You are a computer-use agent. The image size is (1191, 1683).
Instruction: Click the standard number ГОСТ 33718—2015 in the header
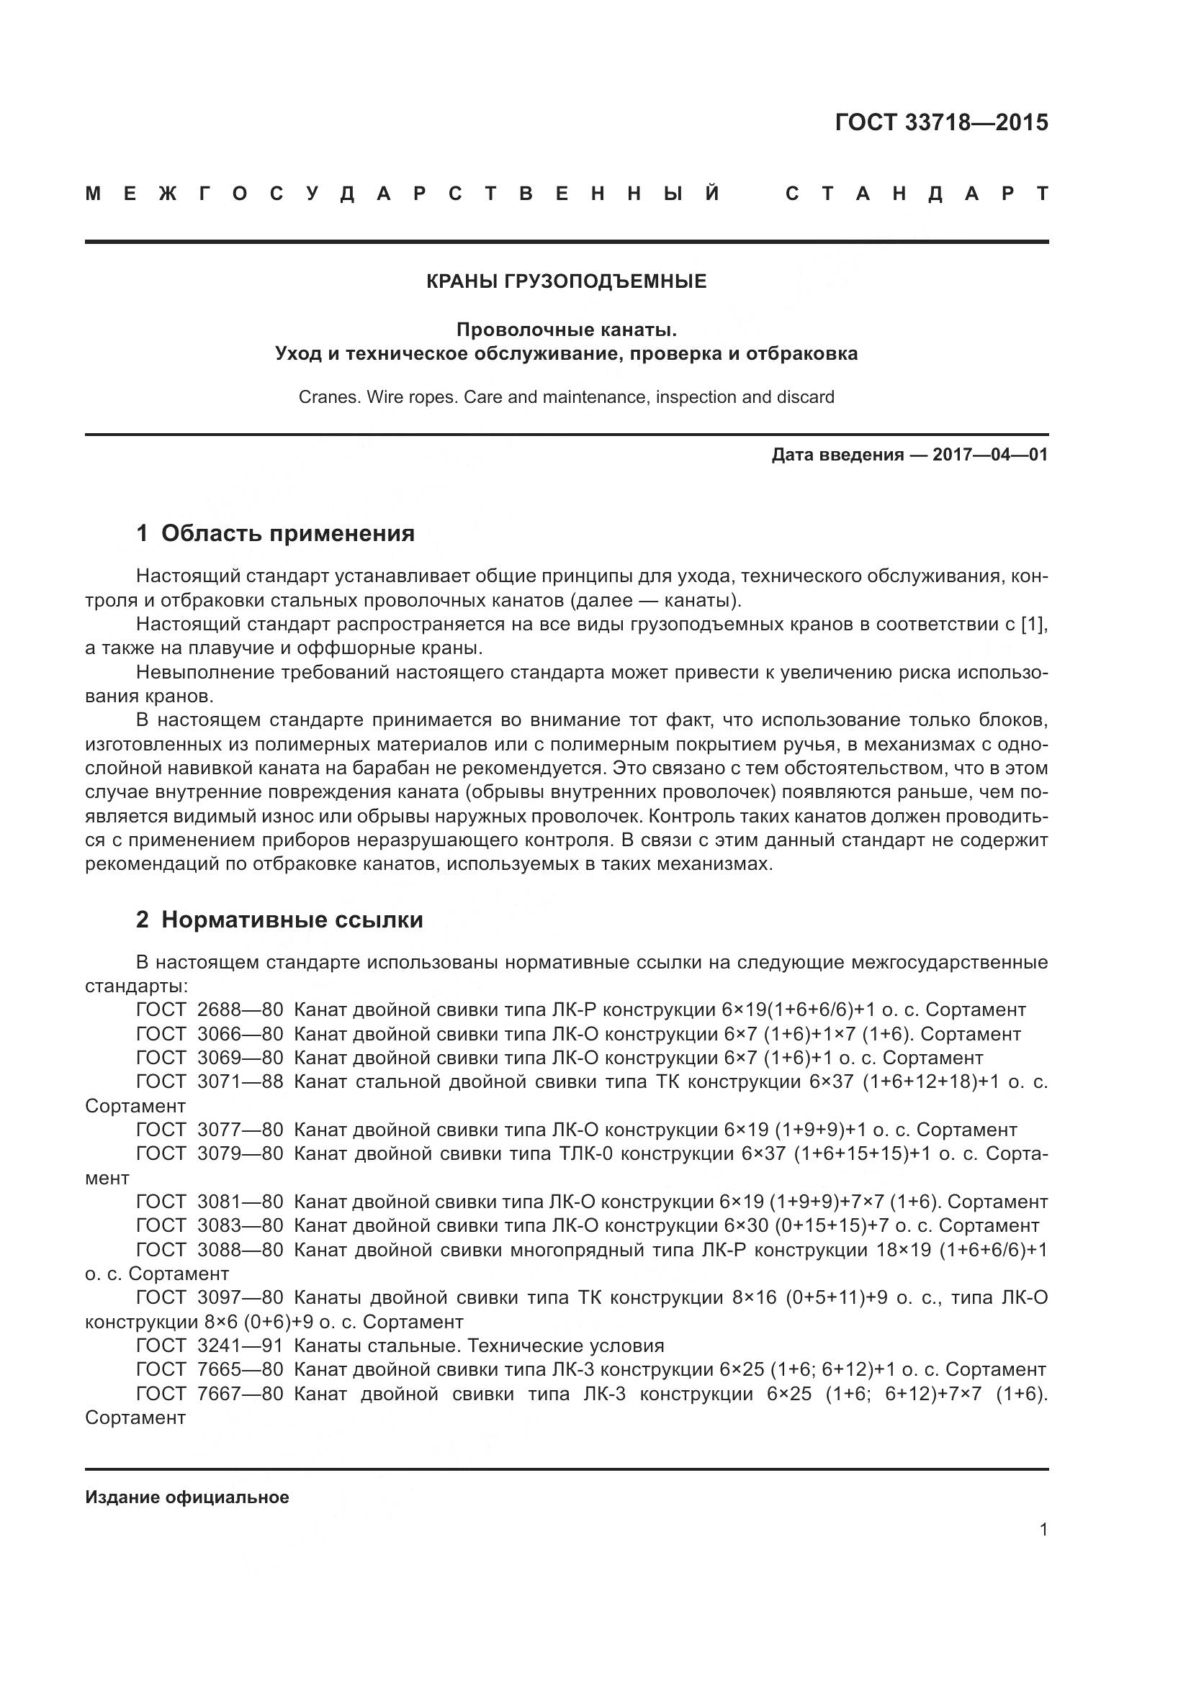(x=941, y=122)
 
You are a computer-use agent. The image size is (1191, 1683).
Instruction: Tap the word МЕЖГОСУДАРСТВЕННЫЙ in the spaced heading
(x=403, y=194)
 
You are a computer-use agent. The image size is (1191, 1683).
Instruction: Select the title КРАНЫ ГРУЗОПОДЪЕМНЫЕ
(x=566, y=281)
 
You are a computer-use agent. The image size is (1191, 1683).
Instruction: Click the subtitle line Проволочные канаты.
(x=566, y=330)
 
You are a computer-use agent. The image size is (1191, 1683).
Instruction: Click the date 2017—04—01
(x=989, y=455)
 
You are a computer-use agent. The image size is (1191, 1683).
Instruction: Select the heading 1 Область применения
(x=275, y=533)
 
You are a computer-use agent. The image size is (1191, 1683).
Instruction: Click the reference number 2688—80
(x=240, y=1010)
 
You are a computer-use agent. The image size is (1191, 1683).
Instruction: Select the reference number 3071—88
(x=240, y=1082)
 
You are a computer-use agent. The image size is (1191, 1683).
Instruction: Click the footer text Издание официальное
(x=187, y=1497)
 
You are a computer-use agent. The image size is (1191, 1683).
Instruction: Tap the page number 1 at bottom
(x=1043, y=1530)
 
